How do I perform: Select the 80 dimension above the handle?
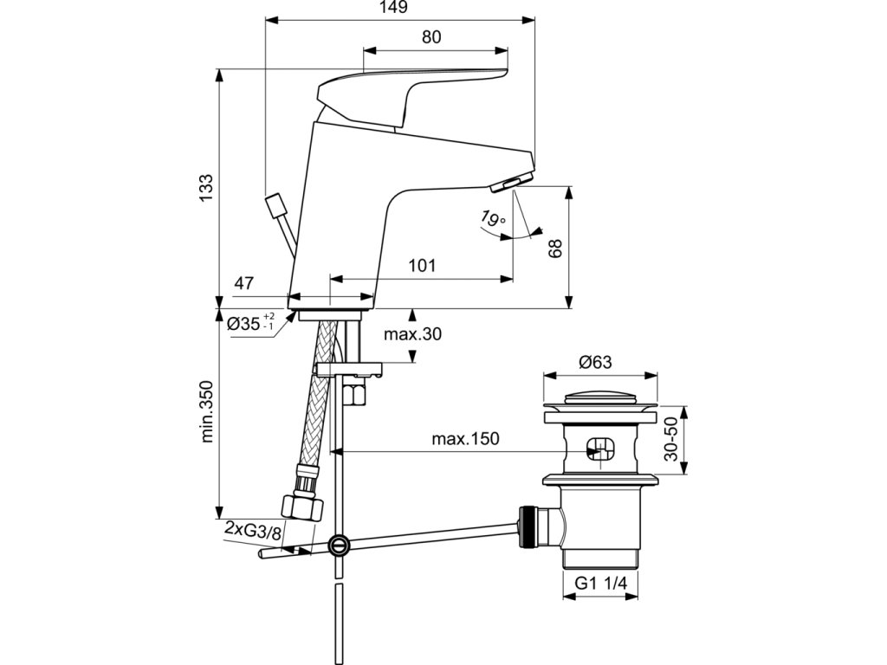[x=431, y=37]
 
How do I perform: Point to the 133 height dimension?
[x=206, y=187]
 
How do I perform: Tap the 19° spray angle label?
[x=491, y=217]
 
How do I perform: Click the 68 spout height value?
[x=555, y=248]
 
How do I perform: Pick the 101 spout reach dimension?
[x=422, y=265]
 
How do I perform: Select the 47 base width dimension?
[x=243, y=283]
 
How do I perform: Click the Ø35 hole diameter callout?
[x=251, y=324]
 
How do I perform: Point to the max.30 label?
[x=412, y=334]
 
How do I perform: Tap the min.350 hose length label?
[x=206, y=411]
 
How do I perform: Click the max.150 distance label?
[x=465, y=438]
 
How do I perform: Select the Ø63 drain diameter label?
[x=594, y=362]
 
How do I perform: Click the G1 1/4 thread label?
[x=601, y=583]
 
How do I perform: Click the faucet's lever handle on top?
[x=412, y=96]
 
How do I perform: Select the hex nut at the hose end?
[x=302, y=505]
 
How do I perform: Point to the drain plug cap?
[x=600, y=397]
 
